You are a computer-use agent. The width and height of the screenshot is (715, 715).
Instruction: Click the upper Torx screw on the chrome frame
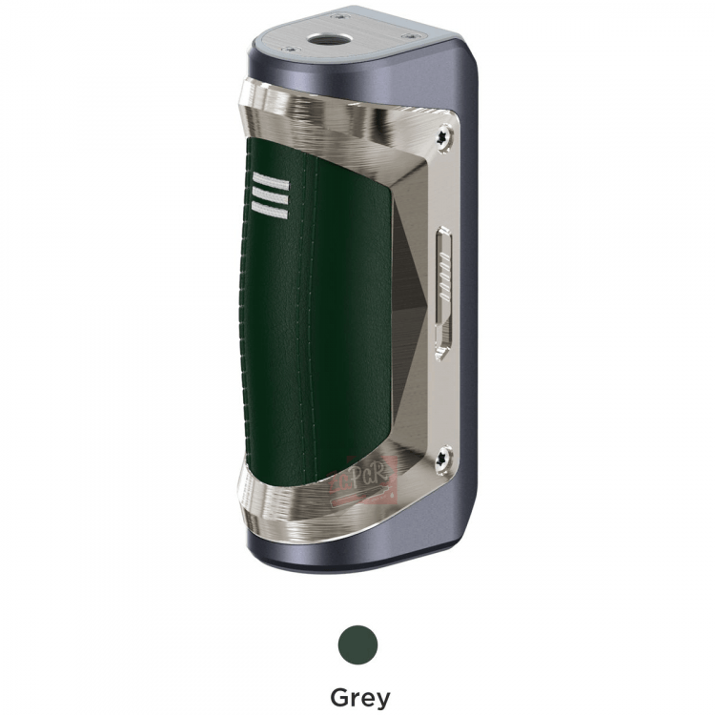[x=443, y=138]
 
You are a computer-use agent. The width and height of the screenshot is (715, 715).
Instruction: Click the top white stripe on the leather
[x=271, y=182]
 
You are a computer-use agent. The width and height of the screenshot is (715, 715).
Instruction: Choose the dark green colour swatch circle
[x=358, y=644]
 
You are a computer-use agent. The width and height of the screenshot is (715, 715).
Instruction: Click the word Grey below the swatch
[x=359, y=697]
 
